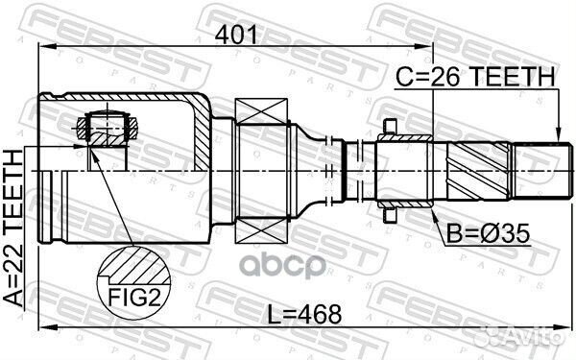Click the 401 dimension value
pyautogui.click(x=236, y=36)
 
